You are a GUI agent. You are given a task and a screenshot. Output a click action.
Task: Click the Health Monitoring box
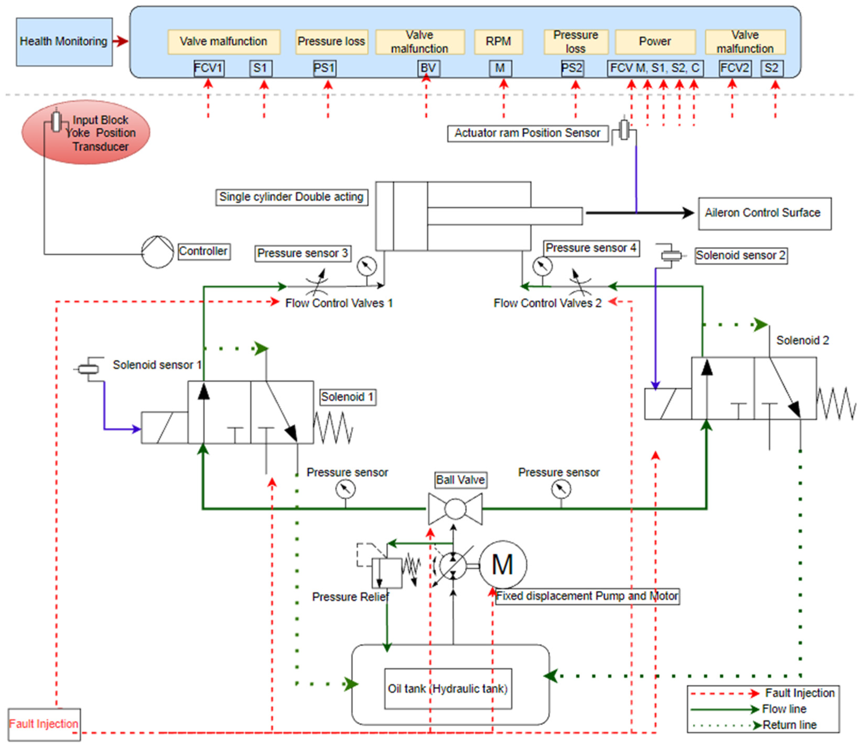coord(64,42)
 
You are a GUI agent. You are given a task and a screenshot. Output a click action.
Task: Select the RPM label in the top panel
coord(498,42)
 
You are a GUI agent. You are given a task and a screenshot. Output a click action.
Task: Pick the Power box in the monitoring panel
coord(655,42)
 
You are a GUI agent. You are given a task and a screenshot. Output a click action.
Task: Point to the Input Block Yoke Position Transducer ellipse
coord(86,132)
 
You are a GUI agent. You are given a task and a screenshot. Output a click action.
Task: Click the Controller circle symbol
coord(157,252)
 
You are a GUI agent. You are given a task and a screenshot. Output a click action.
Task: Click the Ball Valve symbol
coord(455,509)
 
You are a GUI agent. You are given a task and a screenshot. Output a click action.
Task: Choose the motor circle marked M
coord(502,565)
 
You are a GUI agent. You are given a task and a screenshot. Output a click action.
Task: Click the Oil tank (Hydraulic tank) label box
coord(448,689)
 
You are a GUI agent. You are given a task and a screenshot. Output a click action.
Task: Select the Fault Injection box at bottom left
coord(44,724)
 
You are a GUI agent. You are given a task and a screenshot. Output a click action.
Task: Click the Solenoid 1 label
coord(347,397)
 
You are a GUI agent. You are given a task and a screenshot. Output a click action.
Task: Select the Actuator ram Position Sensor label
coord(527,133)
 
